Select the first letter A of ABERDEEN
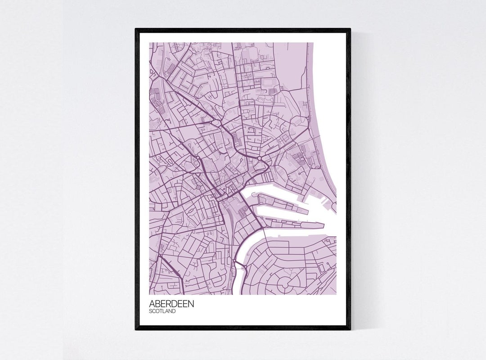tap(152, 304)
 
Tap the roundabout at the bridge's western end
tap(234, 262)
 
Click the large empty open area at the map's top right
tap(291, 63)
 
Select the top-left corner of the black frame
tap(136, 30)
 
